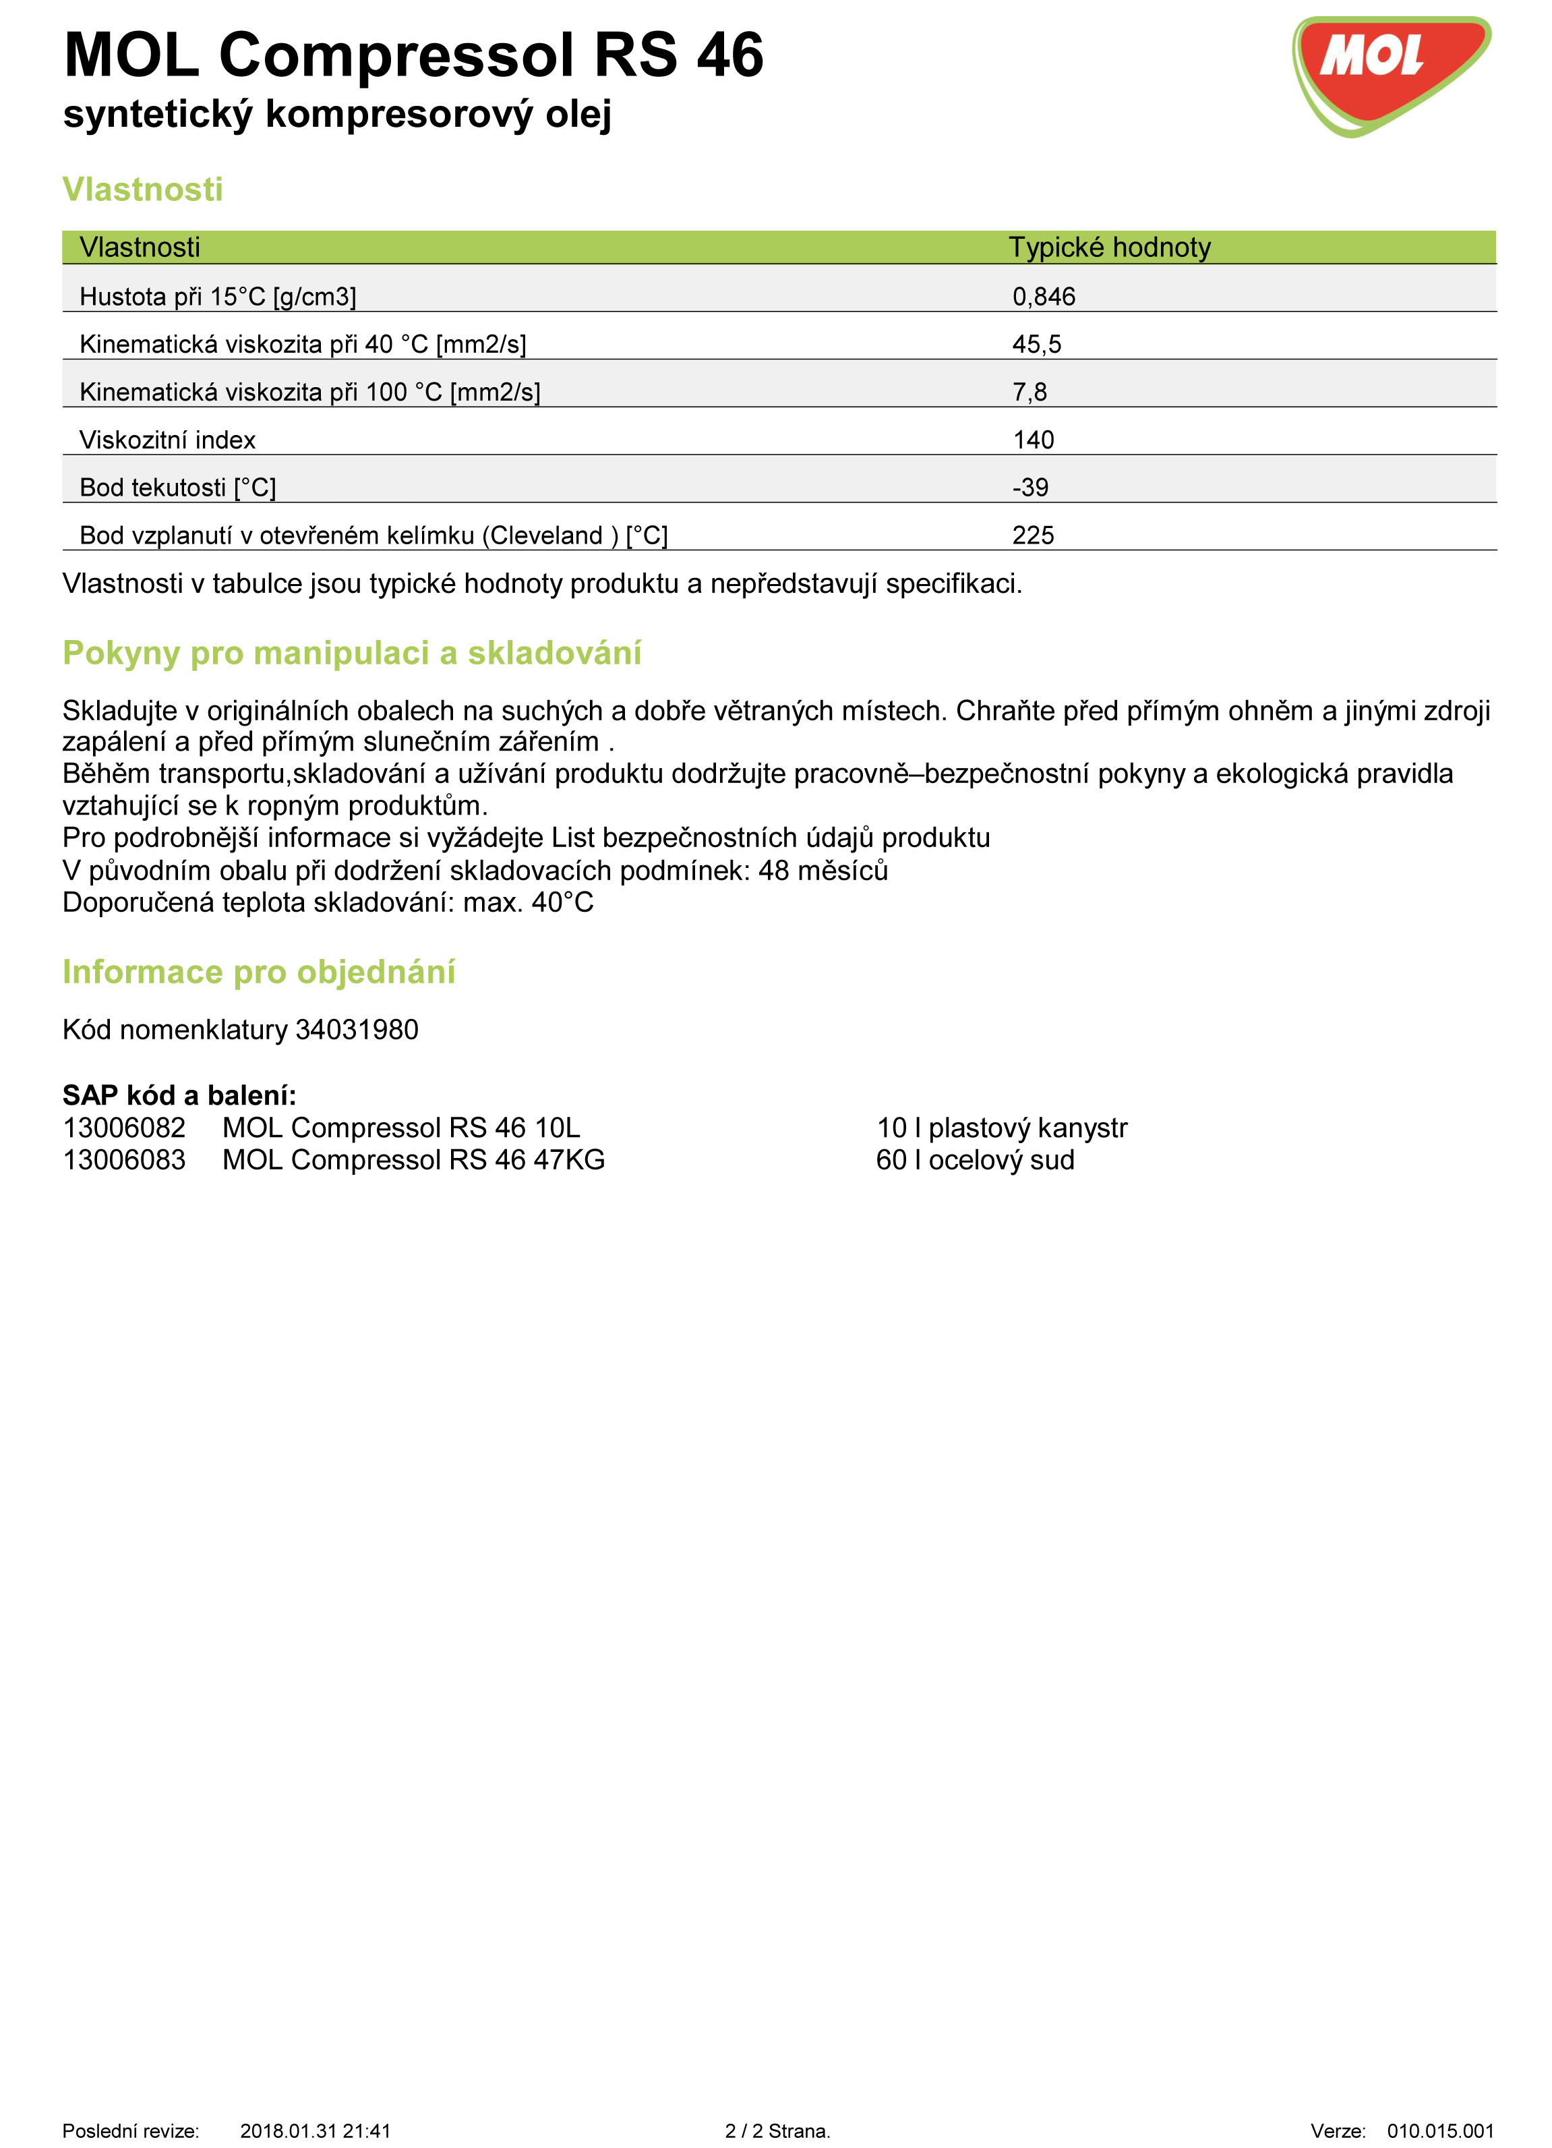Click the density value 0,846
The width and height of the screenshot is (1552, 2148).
1044,297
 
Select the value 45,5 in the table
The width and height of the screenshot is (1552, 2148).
1036,344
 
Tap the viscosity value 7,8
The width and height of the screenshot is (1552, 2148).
1029,392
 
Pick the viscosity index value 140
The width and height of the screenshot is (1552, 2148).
1033,440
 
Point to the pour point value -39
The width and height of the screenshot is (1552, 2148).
1030,488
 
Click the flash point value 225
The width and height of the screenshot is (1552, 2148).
1033,535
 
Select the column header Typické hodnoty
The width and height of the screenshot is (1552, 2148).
1109,248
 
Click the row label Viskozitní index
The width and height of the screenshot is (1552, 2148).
168,440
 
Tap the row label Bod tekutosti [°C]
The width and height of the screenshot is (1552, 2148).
178,488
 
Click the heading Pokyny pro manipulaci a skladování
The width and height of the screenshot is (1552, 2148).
351,654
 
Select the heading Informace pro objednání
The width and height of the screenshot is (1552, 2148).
258,973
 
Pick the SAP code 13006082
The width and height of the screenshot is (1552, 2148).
124,1128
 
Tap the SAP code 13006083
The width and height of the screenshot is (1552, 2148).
124,1160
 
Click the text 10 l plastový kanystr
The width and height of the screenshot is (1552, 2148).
1002,1128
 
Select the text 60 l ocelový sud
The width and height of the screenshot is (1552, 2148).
976,1160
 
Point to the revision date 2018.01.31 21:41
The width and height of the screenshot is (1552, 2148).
316,2131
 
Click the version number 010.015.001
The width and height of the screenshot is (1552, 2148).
1440,2131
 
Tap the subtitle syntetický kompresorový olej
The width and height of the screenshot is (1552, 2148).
337,115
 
